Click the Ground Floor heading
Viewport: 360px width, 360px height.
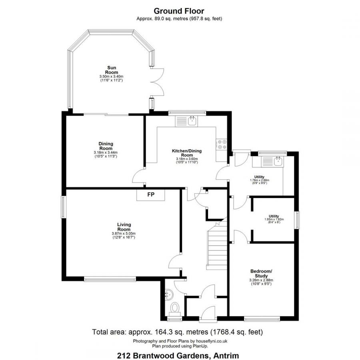click(179, 11)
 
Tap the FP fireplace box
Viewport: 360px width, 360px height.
click(151, 195)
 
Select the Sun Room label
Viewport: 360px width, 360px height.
click(111, 70)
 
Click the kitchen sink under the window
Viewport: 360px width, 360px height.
click(192, 120)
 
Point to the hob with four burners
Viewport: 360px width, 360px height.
click(222, 144)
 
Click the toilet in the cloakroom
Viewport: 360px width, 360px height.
click(175, 308)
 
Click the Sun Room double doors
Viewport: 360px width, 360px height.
click(157, 82)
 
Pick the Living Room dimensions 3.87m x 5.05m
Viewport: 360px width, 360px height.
click(124, 234)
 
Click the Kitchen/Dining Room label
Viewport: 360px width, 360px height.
click(187, 153)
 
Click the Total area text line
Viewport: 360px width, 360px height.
click(177, 332)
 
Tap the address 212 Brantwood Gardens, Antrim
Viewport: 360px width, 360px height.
click(178, 354)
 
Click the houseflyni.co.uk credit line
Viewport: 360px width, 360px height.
click(180, 341)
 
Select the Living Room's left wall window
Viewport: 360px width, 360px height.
click(63, 207)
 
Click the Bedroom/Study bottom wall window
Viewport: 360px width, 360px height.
click(262, 319)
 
